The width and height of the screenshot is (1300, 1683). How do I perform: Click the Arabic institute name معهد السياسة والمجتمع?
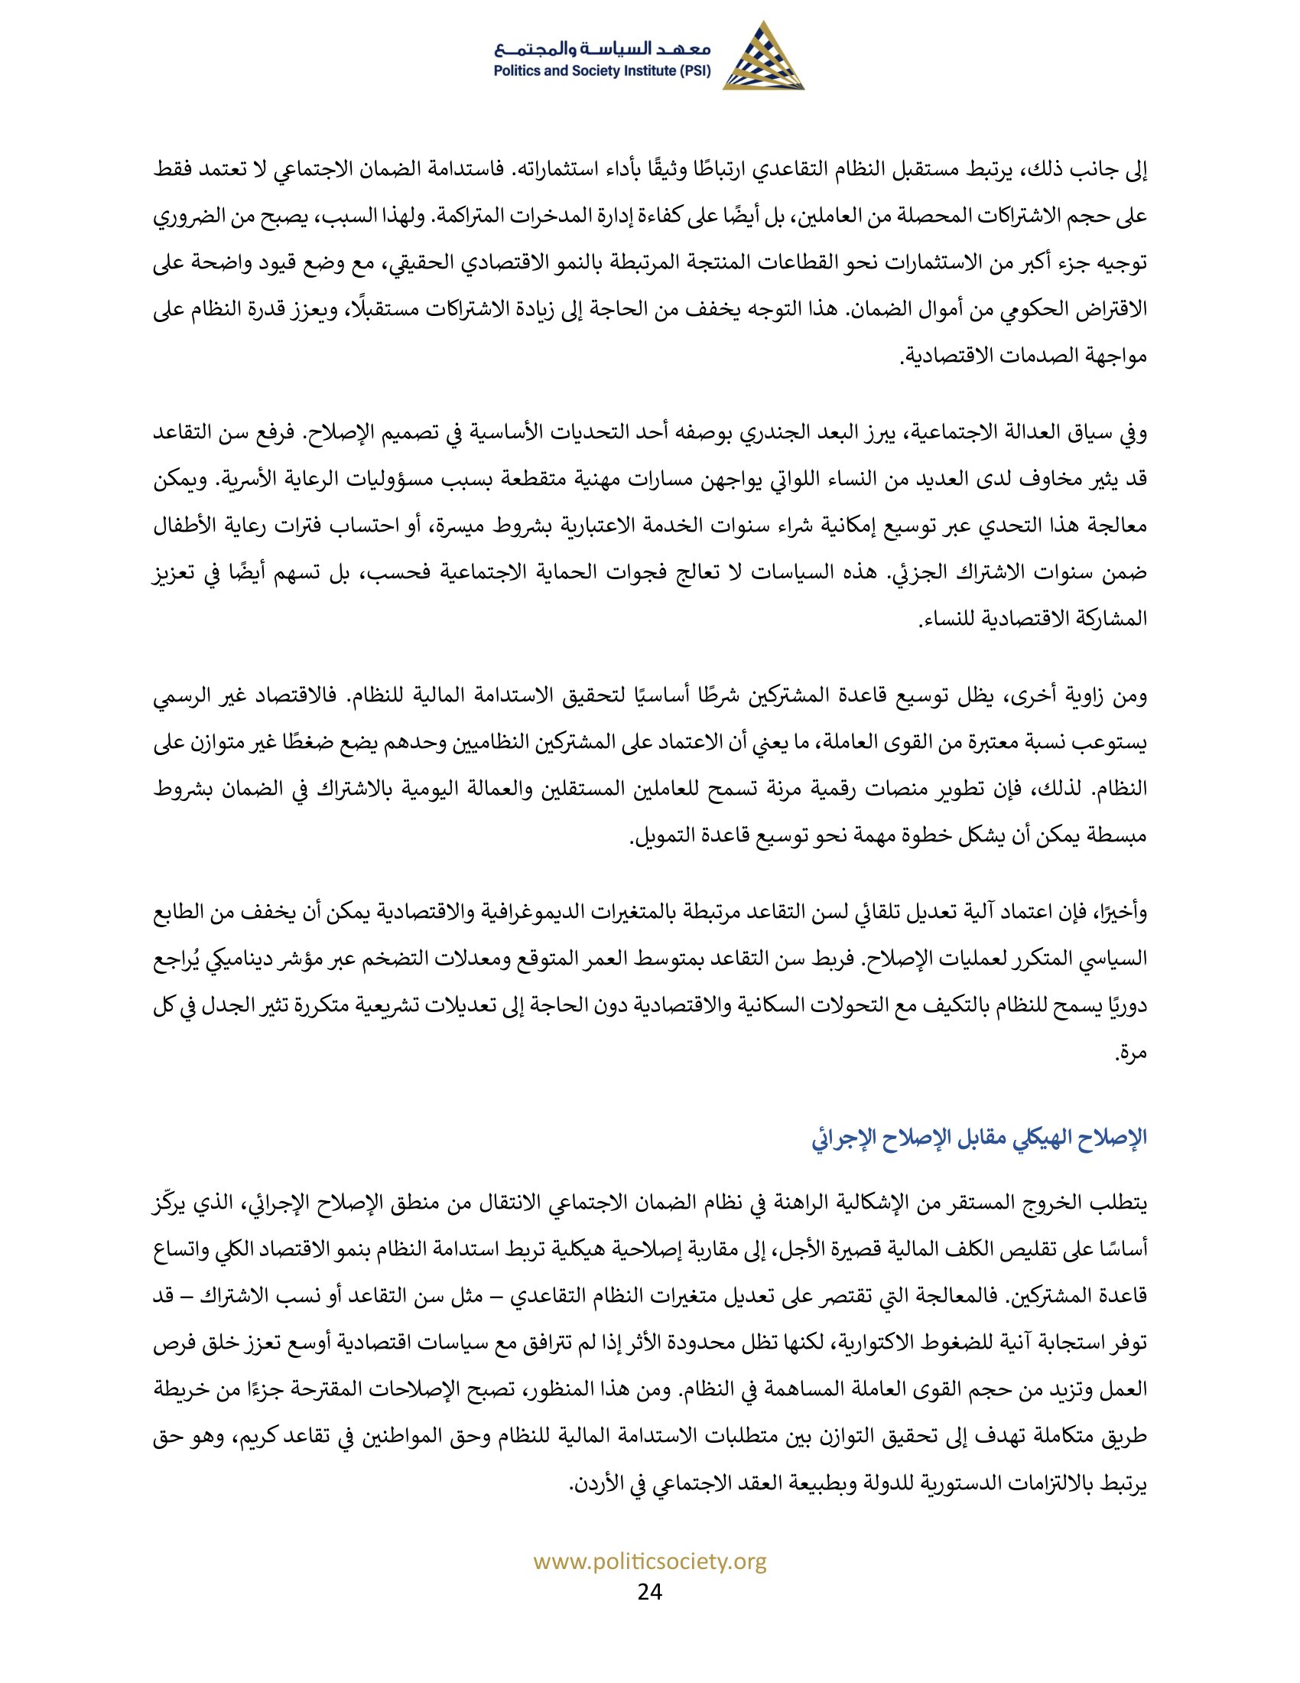[x=603, y=50]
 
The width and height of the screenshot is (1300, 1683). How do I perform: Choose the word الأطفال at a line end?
[x=189, y=528]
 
